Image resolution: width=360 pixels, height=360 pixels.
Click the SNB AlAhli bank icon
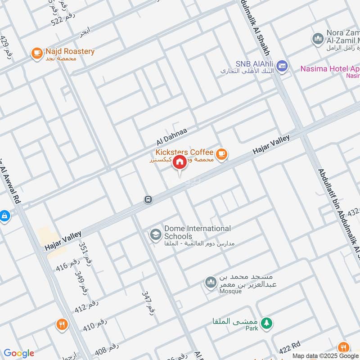click(282, 67)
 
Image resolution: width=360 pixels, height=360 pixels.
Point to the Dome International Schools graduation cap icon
click(156, 235)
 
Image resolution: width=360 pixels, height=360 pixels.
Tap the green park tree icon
click(267, 323)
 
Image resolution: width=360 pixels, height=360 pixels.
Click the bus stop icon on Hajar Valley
click(148, 199)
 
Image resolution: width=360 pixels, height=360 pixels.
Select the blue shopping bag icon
click(4, 216)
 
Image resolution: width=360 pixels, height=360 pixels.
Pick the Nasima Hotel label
click(329, 69)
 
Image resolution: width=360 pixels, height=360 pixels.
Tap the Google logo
click(18, 353)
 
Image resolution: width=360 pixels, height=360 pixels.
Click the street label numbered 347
click(148, 302)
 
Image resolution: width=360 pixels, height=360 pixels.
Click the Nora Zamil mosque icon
click(318, 39)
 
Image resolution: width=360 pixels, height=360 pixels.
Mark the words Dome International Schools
click(197, 232)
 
